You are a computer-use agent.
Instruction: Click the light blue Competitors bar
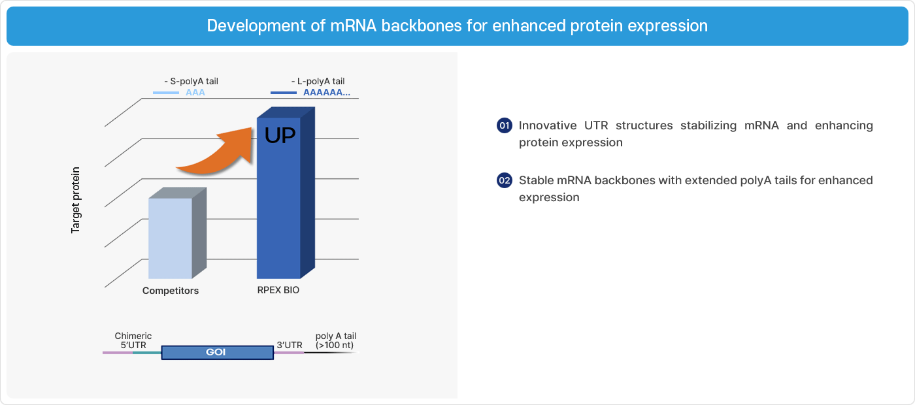(177, 234)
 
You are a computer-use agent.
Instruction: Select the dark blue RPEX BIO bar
(286, 193)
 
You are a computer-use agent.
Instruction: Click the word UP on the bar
(280, 136)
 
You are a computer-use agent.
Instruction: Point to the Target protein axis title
(76, 200)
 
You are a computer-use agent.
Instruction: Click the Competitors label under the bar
(171, 291)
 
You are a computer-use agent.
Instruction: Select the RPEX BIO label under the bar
(278, 290)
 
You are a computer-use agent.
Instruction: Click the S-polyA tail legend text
(191, 81)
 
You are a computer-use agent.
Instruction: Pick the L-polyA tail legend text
(318, 81)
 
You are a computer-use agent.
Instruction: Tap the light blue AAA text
(195, 92)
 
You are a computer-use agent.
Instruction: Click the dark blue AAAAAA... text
(326, 92)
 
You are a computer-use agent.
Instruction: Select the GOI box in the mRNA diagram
(217, 352)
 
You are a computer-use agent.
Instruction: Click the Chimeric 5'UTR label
(133, 340)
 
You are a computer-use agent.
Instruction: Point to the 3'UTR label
(290, 345)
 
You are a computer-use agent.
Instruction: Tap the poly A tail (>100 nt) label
(336, 340)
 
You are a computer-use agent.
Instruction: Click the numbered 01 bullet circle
(505, 125)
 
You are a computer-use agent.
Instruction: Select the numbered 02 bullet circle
(505, 180)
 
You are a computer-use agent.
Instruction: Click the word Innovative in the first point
(548, 125)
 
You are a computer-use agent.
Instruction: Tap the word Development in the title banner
(256, 26)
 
